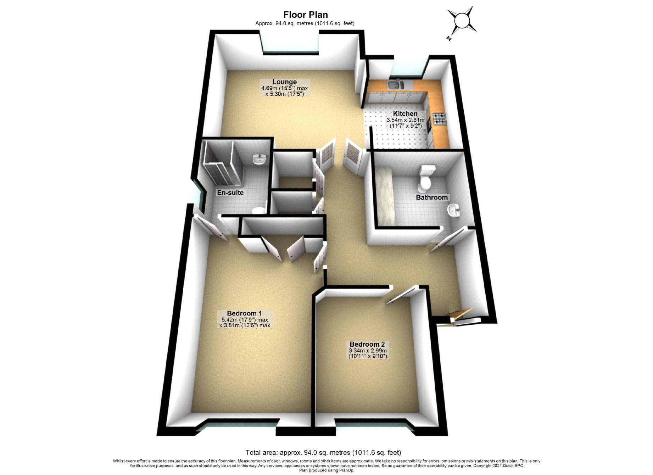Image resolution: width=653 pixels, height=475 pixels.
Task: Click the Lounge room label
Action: pos(284,82)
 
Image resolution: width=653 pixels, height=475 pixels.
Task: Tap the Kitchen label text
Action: pos(405,114)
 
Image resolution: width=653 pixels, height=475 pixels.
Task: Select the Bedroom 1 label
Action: pos(244,313)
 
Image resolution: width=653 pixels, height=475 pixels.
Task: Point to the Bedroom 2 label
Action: pos(367,344)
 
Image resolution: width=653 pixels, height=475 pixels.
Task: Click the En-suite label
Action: pos(230,193)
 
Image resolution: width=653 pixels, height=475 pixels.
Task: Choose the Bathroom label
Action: pos(431,197)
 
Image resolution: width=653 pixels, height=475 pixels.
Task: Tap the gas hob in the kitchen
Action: pos(439,119)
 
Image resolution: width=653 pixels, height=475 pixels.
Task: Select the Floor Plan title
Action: pos(305,15)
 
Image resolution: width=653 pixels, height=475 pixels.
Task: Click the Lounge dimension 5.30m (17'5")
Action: pos(285,94)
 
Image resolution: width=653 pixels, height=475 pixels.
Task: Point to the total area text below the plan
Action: pos(323,453)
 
